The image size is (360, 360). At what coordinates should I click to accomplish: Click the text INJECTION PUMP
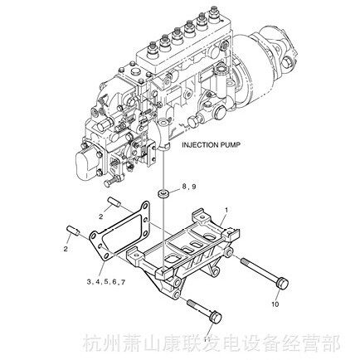point(211,144)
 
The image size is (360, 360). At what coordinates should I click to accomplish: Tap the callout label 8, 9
point(189,187)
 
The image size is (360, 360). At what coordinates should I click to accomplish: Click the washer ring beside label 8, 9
point(163,193)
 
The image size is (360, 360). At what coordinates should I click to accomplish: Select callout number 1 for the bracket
point(226,210)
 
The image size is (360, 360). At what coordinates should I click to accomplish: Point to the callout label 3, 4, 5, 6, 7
point(106,282)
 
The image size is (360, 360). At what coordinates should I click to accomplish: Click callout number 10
point(275,304)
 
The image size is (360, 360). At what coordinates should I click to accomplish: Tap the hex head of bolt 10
point(282,284)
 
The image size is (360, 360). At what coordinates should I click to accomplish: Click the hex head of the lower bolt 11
point(216,317)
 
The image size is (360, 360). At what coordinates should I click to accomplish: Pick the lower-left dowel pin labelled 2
point(73,231)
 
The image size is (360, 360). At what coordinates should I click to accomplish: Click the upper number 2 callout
point(101,216)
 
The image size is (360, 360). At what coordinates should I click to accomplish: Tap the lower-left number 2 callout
point(66,249)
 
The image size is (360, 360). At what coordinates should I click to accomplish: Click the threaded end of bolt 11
point(193,304)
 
